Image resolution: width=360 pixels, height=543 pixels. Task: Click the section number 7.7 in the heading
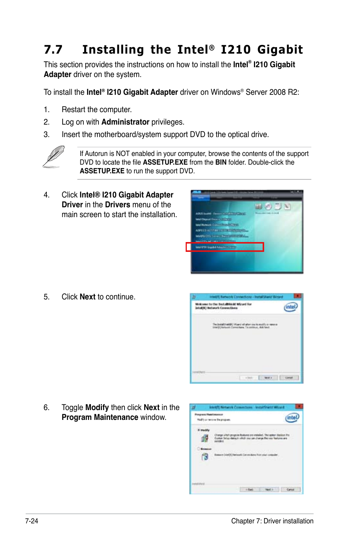53,50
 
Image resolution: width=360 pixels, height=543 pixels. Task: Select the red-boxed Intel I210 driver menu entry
225,247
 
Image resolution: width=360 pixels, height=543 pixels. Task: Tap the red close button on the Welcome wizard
297,296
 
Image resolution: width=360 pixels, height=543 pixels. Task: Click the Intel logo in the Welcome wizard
291,307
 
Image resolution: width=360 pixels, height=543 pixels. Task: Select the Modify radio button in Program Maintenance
199,430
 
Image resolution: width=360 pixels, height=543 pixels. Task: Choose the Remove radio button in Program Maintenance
199,449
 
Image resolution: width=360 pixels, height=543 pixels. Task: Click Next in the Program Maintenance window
269,489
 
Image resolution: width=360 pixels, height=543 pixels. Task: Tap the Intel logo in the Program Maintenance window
292,418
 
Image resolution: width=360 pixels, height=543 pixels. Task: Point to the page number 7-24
32,521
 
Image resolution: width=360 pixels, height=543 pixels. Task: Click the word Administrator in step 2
125,122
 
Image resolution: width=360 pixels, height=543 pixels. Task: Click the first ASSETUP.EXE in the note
165,162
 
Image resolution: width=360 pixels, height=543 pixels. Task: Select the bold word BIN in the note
221,162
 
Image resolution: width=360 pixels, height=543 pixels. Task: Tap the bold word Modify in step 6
97,407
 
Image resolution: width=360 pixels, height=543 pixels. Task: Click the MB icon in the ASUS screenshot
258,206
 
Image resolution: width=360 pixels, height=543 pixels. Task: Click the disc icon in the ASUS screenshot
268,206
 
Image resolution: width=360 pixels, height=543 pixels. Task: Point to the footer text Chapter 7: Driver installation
272,521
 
